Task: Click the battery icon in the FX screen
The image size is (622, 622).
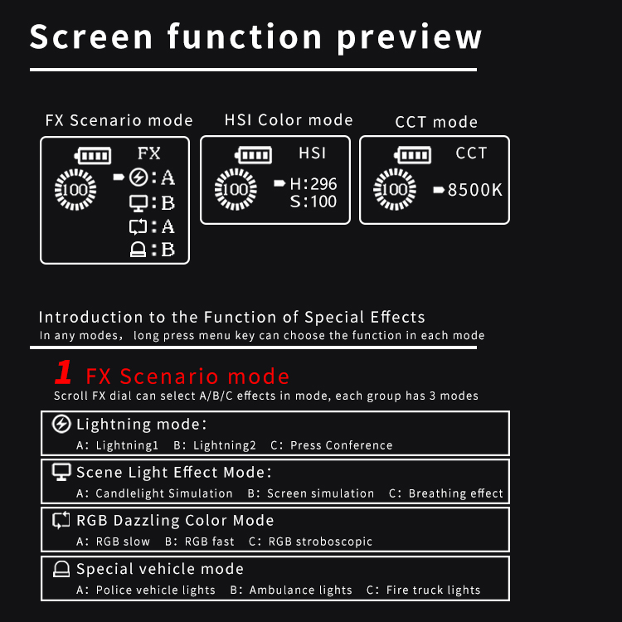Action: (x=93, y=156)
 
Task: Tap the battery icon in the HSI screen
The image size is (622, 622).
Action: (x=253, y=155)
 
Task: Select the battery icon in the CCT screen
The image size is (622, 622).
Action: (x=412, y=155)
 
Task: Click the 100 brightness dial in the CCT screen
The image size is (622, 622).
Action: (x=395, y=189)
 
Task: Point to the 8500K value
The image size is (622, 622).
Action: (x=475, y=190)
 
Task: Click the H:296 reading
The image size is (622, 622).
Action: (x=313, y=183)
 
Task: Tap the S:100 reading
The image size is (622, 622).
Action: (x=313, y=202)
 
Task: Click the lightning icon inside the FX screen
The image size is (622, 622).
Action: (x=138, y=177)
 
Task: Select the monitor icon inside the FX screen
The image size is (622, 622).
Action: (x=138, y=203)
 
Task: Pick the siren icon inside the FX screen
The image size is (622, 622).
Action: (x=138, y=250)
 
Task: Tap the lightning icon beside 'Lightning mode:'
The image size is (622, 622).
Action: (x=61, y=424)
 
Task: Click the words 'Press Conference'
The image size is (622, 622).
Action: (x=341, y=445)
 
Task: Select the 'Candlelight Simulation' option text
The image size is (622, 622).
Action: (x=164, y=493)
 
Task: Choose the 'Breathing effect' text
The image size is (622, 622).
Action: (x=455, y=493)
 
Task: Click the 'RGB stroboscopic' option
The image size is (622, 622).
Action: (x=320, y=542)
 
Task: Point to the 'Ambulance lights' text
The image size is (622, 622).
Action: (x=300, y=590)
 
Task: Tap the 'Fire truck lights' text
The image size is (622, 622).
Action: (x=433, y=590)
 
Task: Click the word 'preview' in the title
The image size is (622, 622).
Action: (x=410, y=37)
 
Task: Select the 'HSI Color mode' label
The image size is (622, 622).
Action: (x=289, y=119)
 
